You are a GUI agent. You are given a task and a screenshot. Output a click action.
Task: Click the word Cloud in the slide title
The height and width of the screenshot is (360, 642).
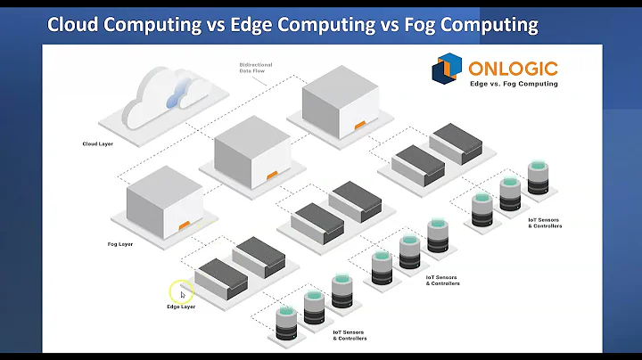click(x=72, y=24)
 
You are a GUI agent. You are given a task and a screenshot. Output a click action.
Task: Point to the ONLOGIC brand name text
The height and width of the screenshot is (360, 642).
click(x=511, y=67)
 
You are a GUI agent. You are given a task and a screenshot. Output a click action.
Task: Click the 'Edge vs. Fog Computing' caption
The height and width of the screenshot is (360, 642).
click(x=513, y=84)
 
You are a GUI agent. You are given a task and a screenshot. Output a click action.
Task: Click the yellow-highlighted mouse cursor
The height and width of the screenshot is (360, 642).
click(x=181, y=292)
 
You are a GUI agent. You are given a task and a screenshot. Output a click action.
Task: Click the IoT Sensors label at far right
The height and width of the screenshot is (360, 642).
click(x=545, y=222)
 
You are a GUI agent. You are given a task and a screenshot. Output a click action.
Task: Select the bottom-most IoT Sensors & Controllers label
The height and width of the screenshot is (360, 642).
click(x=350, y=335)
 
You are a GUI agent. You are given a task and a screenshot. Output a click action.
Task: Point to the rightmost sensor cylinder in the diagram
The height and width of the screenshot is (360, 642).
click(x=537, y=178)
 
